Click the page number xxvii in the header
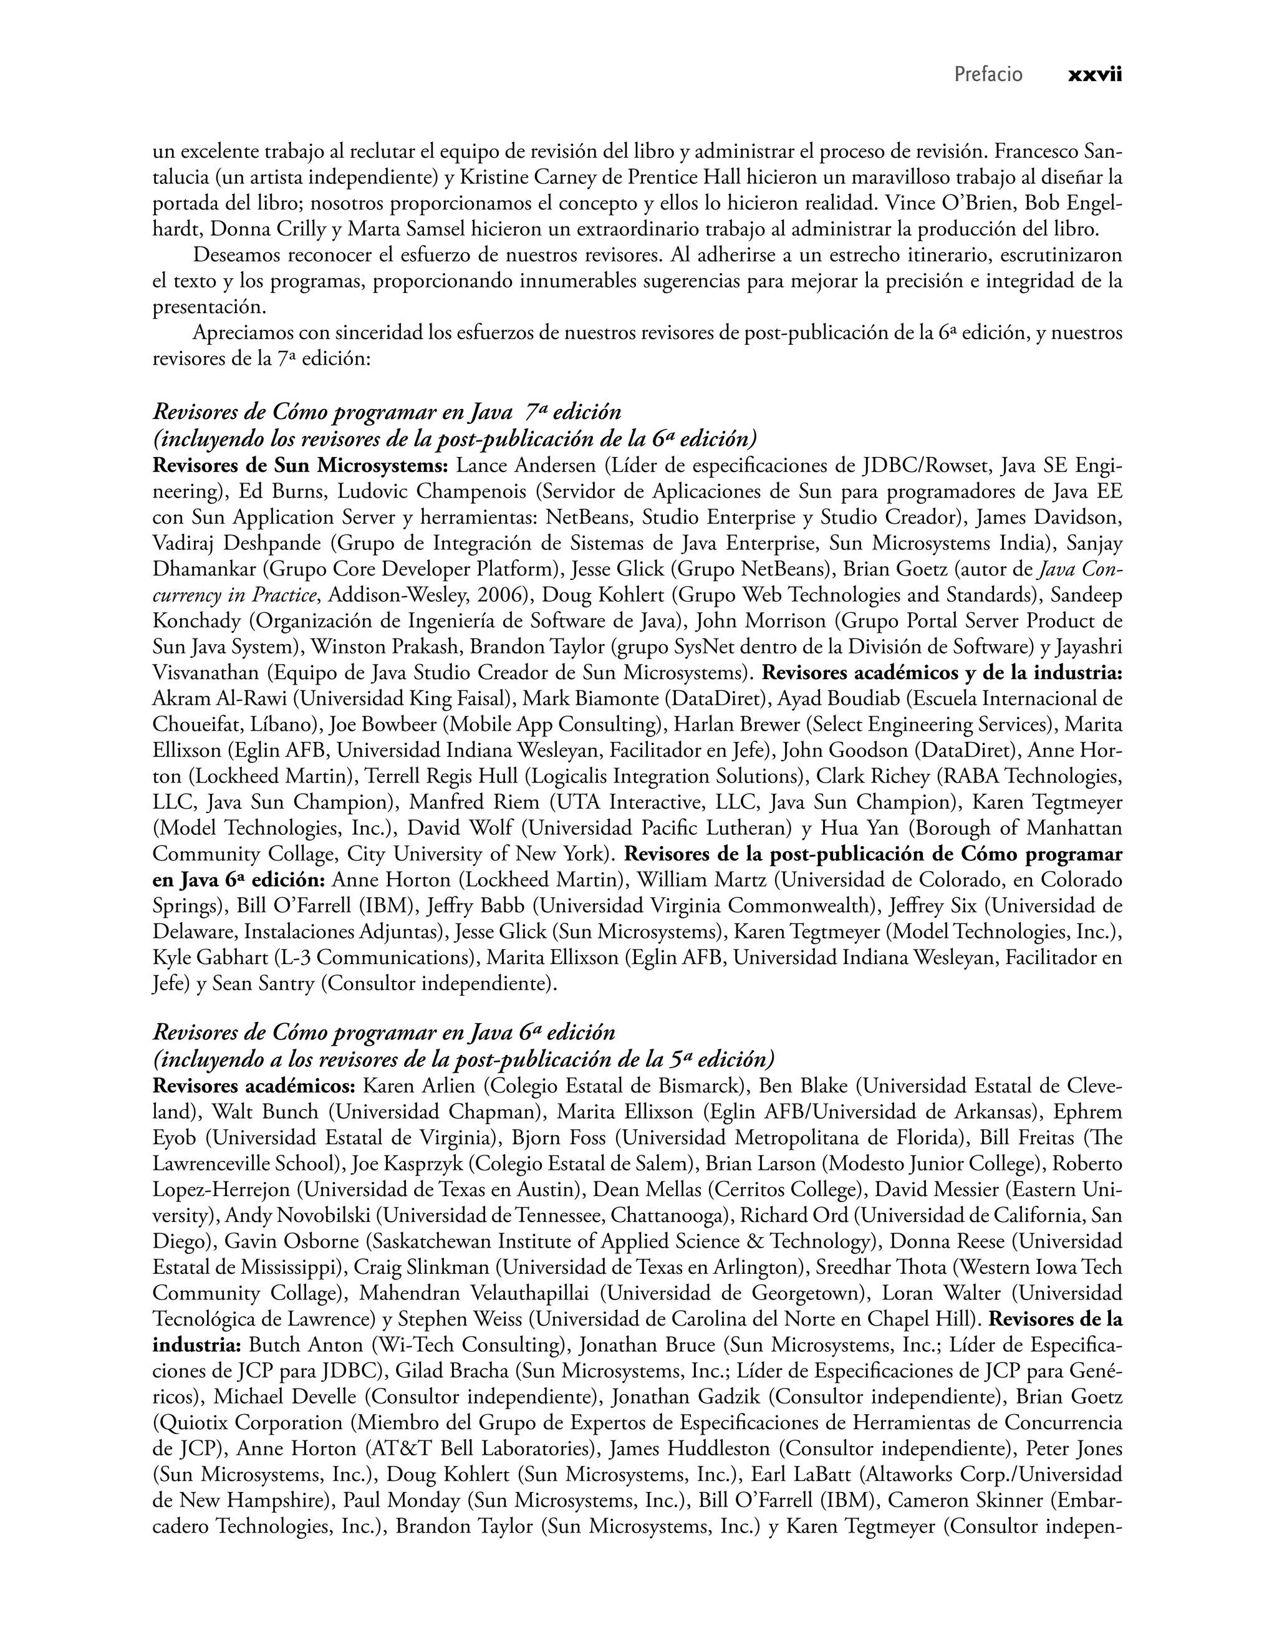[1094, 75]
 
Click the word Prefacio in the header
[988, 75]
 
